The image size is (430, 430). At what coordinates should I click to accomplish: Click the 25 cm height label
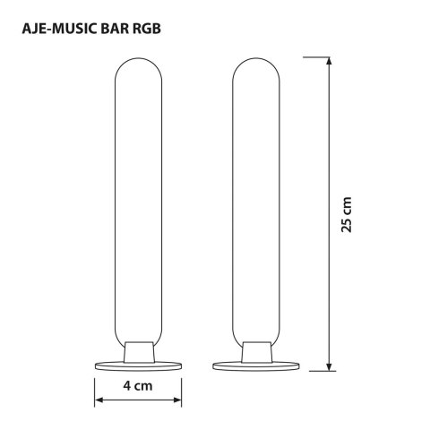click(348, 216)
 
